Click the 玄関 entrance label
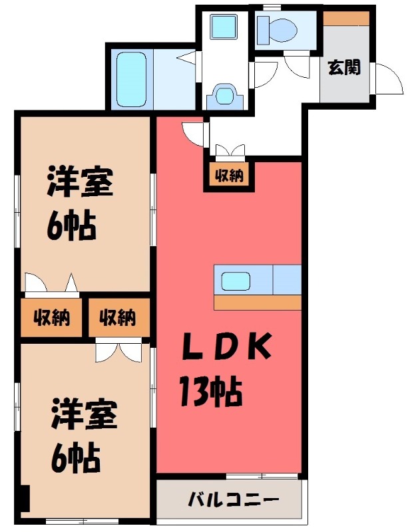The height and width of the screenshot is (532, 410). [x=345, y=67]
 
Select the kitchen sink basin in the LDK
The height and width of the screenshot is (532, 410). [x=236, y=281]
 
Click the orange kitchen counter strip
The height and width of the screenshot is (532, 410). [x=258, y=303]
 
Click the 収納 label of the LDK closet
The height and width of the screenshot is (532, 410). [x=228, y=176]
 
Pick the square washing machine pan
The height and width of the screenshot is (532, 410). [x=222, y=29]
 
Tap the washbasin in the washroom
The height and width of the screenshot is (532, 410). [x=222, y=97]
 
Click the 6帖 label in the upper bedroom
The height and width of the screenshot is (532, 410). [x=71, y=227]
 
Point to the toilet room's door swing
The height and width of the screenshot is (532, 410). [x=297, y=66]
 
